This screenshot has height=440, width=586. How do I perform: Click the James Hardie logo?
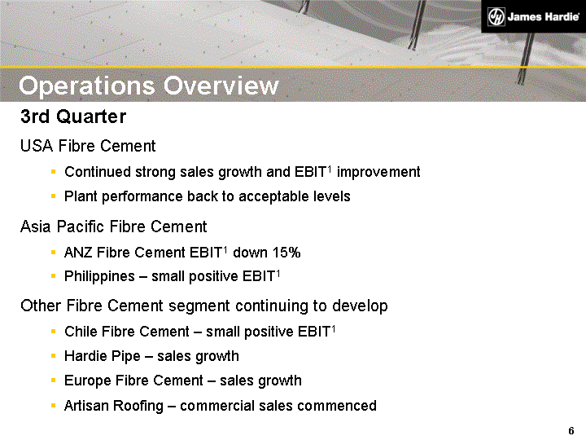(532, 16)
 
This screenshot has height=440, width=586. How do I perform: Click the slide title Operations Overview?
(149, 86)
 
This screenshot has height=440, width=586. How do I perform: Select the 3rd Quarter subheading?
(73, 117)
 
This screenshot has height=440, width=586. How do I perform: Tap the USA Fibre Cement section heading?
(88, 147)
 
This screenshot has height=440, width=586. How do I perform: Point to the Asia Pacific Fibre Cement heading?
(114, 227)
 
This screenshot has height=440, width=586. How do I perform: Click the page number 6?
(571, 430)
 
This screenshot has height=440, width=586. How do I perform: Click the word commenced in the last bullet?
(333, 406)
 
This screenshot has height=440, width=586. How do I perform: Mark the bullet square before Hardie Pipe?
(53, 356)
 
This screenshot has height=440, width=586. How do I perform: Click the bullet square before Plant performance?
(53, 196)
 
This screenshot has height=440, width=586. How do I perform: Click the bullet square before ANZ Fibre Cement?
(53, 253)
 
